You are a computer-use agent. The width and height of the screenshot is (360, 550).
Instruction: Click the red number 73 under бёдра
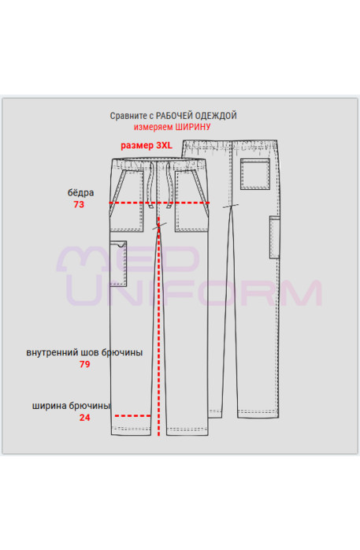[79, 205]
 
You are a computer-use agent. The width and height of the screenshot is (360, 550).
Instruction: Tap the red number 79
[84, 365]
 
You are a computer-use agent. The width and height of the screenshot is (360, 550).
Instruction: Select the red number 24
[84, 418]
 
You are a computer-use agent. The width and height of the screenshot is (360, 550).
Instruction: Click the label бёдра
[80, 192]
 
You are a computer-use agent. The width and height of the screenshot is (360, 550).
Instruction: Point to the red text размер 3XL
[147, 145]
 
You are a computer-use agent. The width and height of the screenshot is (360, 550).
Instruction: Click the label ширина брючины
[71, 406]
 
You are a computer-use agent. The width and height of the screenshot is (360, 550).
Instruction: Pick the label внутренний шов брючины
[84, 352]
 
